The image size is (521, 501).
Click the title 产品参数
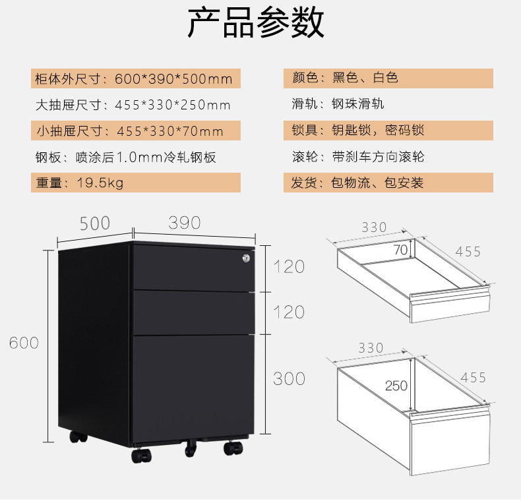[x=256, y=23]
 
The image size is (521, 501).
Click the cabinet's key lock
[x=246, y=259]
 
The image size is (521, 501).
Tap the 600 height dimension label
[x=24, y=343]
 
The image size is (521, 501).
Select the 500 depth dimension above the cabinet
[x=95, y=223]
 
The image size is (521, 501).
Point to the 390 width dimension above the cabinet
[x=184, y=223]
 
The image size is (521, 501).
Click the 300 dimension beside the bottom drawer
[x=289, y=378]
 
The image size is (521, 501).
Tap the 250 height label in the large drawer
[x=396, y=386]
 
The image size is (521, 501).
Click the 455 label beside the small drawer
[x=468, y=251]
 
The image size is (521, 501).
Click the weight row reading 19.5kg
[x=135, y=183]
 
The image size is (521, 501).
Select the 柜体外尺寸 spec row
[x=135, y=79]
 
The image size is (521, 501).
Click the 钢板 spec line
[x=125, y=157]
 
